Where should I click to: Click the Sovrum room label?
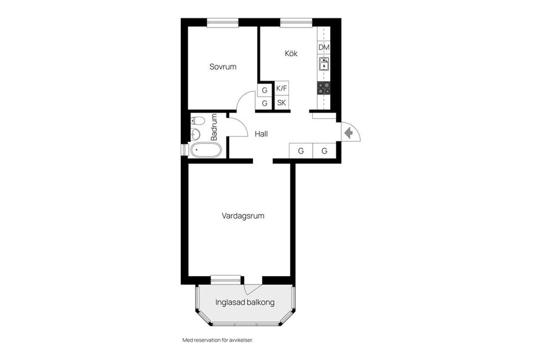click(x=223, y=66)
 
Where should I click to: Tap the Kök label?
click(x=291, y=54)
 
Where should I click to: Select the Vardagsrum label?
click(x=243, y=216)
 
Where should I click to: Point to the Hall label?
click(x=261, y=134)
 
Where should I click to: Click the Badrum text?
click(x=214, y=127)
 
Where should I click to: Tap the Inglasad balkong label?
click(x=245, y=303)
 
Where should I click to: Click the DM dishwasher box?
click(x=323, y=47)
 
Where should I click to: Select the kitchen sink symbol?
click(x=323, y=64)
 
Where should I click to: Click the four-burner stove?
click(x=323, y=88)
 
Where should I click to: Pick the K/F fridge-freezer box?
click(x=282, y=88)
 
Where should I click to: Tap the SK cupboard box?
click(x=282, y=103)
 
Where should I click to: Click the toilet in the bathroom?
click(x=198, y=121)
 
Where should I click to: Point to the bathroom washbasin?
click(x=196, y=134)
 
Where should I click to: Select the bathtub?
click(x=206, y=150)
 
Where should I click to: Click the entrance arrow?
click(x=348, y=133)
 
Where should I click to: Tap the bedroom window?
click(x=223, y=23)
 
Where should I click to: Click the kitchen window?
click(x=296, y=23)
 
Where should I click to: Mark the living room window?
click(x=225, y=279)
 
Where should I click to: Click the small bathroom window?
click(x=184, y=150)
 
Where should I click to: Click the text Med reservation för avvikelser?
click(x=218, y=340)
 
